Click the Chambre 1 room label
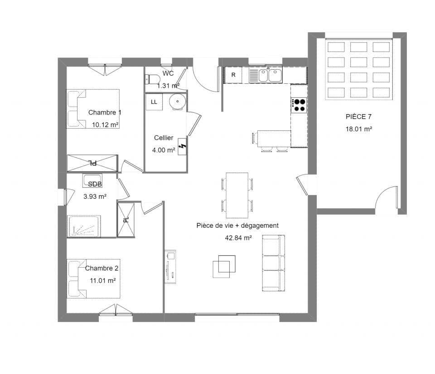click(105, 112)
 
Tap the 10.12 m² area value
click(105, 125)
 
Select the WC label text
click(168, 73)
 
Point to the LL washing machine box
click(154, 102)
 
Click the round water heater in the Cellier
click(177, 102)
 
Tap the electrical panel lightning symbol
click(183, 147)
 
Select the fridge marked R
click(233, 75)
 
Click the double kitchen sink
click(269, 75)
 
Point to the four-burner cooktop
click(299, 105)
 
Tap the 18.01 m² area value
click(359, 129)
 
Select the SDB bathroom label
click(95, 184)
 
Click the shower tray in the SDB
click(84, 225)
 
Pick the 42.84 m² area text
click(238, 237)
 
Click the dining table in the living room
click(237, 195)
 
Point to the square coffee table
click(224, 266)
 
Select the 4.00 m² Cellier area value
click(164, 150)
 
